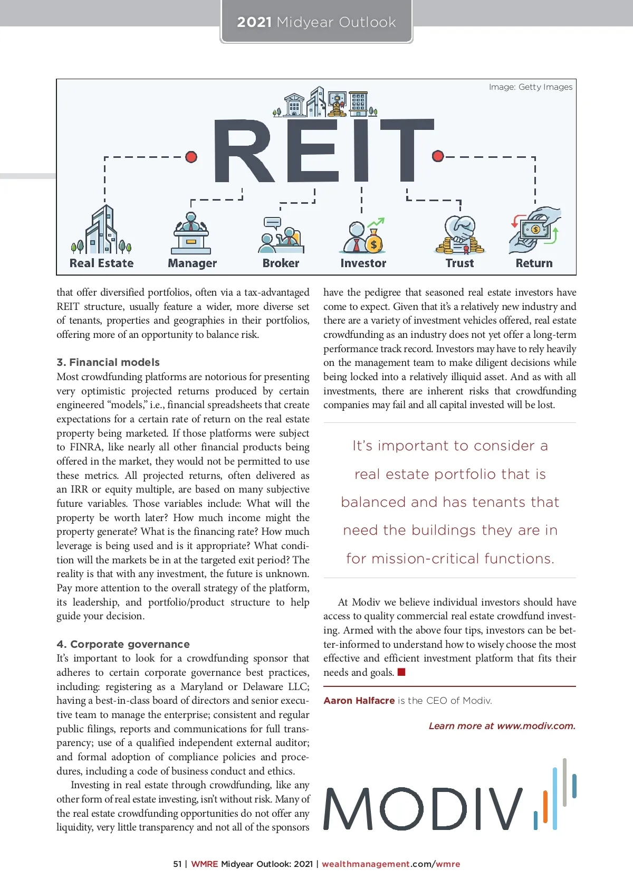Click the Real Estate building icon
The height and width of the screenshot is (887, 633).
[x=102, y=231]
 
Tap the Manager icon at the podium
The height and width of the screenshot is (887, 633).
[x=191, y=234]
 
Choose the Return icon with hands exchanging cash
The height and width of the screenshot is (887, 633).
[x=534, y=231]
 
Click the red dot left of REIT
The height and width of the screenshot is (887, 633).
[x=191, y=157]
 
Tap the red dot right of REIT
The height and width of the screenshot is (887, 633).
[x=437, y=156]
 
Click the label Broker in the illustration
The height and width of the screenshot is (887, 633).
[x=281, y=263]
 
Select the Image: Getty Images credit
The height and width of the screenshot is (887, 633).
[x=530, y=87]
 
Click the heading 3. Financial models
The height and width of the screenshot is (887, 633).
[x=108, y=362]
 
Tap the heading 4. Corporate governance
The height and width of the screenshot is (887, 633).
[x=123, y=644]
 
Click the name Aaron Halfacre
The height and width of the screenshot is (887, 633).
[x=359, y=701]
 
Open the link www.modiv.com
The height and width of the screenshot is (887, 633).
[x=535, y=726]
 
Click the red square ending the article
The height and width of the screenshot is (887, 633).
[x=401, y=672]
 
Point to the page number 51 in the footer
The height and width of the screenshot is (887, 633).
[x=177, y=864]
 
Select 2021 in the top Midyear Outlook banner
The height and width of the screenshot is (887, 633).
[x=254, y=22]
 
